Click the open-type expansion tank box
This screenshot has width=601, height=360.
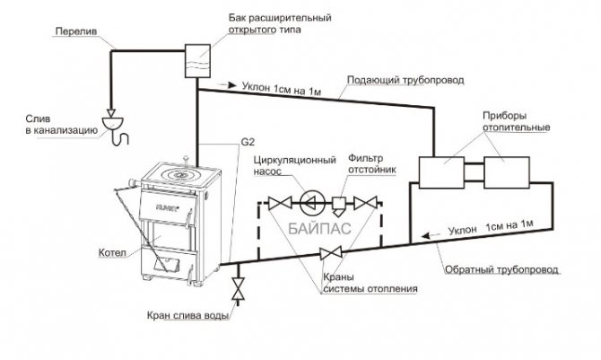point(197,61)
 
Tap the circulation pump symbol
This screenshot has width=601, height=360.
point(312,203)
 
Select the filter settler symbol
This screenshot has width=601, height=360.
point(339,206)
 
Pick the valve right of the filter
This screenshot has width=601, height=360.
point(364,203)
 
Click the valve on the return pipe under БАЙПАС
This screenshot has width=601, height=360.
point(331,253)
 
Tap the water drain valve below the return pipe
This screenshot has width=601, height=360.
point(239,289)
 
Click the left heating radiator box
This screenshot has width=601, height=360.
point(441,172)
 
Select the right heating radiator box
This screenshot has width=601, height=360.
point(507,172)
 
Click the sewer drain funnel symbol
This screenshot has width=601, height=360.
point(113,123)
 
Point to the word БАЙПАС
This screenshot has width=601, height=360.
point(319,229)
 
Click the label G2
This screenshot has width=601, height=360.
point(248,142)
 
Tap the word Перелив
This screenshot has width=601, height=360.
point(76,31)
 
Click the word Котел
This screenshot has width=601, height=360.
point(112,253)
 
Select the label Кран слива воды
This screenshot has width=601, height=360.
point(188,316)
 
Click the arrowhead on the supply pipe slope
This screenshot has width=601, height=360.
point(232,85)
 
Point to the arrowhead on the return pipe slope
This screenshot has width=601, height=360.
point(425,235)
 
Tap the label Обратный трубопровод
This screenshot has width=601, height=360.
point(501,270)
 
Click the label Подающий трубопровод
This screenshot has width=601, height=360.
point(405,80)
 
